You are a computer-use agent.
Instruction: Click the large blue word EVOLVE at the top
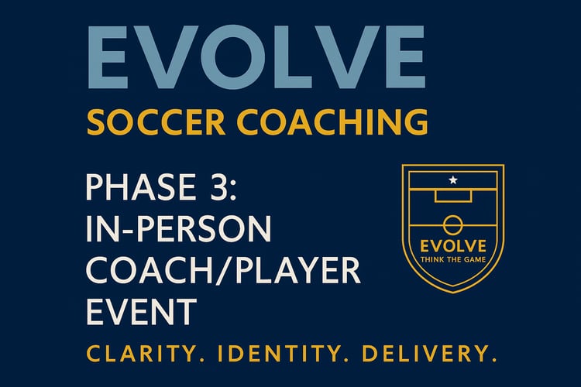point(256,57)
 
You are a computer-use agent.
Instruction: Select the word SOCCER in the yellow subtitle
point(156,122)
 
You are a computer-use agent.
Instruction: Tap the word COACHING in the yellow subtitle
point(332,122)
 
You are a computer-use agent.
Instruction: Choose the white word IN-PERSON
point(179,228)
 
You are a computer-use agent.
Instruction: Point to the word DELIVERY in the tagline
point(428,353)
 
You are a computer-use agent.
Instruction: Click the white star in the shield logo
point(453,180)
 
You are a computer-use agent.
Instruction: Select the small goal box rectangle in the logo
point(453,202)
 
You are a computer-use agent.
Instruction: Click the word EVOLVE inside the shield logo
point(453,246)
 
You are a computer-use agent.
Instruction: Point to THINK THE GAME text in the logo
point(453,259)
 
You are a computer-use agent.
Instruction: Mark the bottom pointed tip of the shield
point(453,293)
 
